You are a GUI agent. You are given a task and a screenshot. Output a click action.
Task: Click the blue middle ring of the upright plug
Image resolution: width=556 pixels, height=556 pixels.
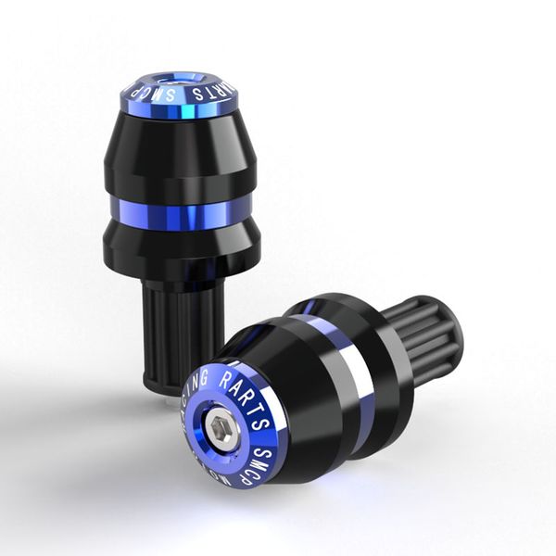point(181,212)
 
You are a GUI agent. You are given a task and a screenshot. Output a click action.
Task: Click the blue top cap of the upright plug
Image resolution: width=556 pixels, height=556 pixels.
point(181,93)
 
